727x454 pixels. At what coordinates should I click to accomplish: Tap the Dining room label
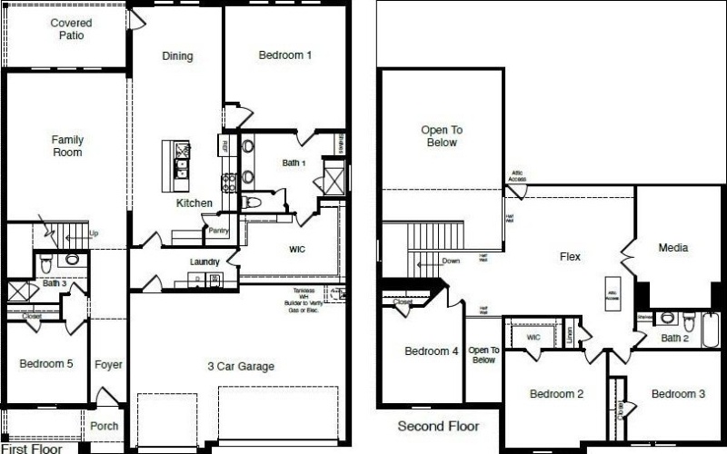[177, 56]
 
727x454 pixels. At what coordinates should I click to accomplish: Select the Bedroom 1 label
[285, 55]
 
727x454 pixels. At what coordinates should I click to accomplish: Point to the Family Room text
[67, 146]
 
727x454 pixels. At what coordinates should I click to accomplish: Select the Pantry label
[218, 231]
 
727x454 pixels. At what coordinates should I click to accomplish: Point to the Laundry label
[204, 262]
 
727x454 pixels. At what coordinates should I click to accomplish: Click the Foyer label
[108, 365]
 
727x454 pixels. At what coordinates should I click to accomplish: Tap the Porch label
[105, 426]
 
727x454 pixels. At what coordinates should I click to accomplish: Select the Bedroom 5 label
[45, 364]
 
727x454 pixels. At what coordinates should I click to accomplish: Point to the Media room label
[672, 247]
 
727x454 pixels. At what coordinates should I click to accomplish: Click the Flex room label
[570, 257]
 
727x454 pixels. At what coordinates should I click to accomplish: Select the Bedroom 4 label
[431, 351]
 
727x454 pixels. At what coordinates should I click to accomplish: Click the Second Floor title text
[439, 426]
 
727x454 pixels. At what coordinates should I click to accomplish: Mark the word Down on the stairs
[451, 261]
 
